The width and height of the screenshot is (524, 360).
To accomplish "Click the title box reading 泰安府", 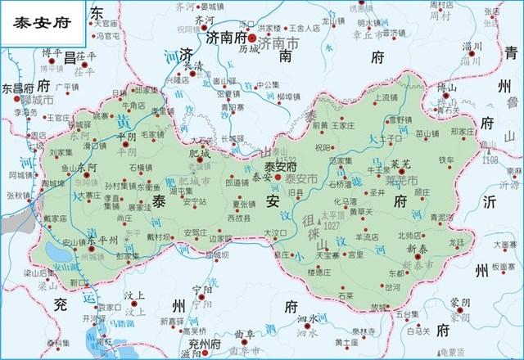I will click(44, 22).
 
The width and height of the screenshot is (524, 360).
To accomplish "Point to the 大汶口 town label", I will click(278, 233).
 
